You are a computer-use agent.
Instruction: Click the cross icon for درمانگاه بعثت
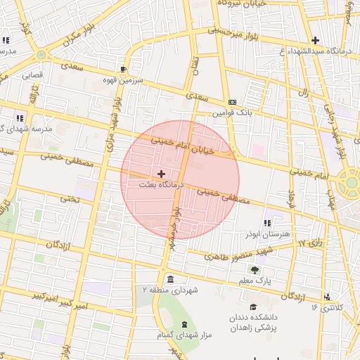tap(162, 173)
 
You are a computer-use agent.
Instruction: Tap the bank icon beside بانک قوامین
tap(233, 102)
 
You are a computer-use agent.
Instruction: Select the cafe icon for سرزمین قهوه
tap(124, 70)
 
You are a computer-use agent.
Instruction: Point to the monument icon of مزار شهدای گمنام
tap(185, 324)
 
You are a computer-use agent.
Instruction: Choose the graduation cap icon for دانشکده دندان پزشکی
tap(253, 307)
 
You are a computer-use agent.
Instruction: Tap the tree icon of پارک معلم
tap(255, 269)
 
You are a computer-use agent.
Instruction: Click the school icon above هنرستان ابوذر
tap(266, 223)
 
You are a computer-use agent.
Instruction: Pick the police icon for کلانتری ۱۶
tap(326, 297)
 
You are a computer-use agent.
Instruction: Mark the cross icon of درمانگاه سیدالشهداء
tap(315, 40)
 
